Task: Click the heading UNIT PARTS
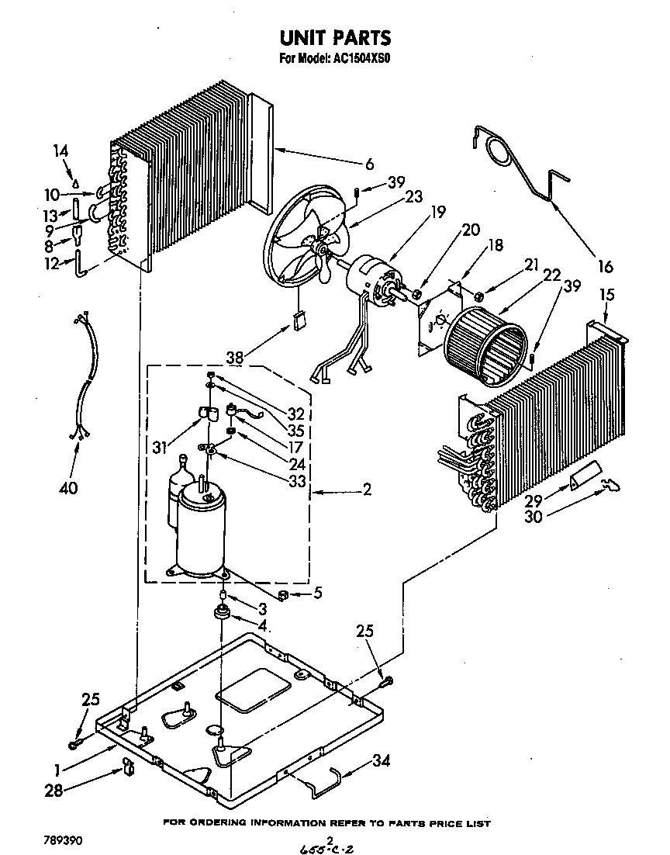pos(334,37)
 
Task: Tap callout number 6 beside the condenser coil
pos(370,164)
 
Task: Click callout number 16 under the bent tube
pos(605,267)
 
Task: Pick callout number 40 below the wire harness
pos(69,488)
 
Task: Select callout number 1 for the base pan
pos(57,770)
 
